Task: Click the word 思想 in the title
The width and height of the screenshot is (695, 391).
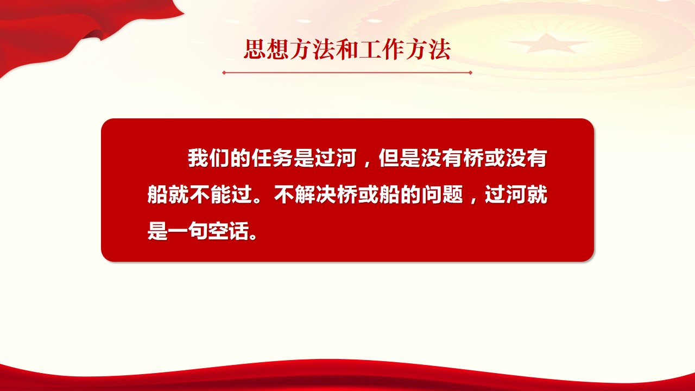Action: coord(267,49)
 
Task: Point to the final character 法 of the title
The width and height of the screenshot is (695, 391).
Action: coord(440,49)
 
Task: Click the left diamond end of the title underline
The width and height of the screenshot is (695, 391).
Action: coord(224,73)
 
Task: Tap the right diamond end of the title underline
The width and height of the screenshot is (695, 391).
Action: coord(470,73)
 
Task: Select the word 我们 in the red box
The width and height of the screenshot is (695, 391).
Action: coord(208,158)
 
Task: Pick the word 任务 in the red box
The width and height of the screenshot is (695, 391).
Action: coord(272,158)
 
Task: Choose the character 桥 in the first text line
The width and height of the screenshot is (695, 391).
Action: coord(473,158)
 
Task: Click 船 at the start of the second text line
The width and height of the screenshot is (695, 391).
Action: coord(157,194)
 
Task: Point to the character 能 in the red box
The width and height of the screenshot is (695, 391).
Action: coord(221,194)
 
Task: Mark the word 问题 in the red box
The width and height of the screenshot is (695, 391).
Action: coord(442,194)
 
